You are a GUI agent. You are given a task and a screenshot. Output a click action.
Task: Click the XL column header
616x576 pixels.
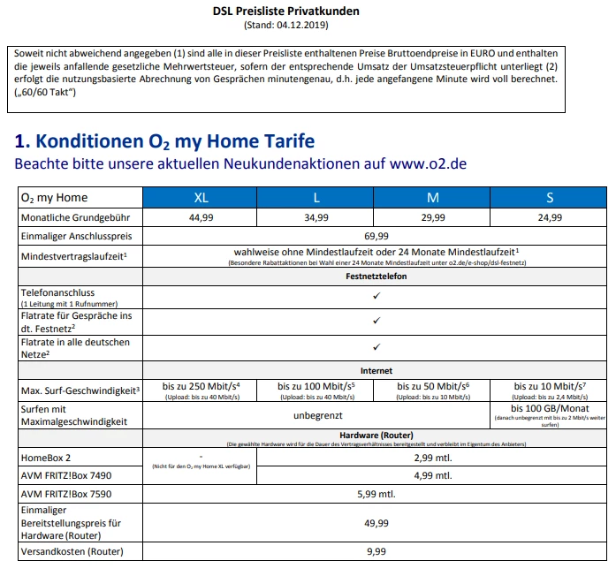[202, 197]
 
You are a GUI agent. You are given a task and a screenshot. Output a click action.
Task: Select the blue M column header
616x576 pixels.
[433, 197]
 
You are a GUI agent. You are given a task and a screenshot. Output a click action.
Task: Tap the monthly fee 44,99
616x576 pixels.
[202, 216]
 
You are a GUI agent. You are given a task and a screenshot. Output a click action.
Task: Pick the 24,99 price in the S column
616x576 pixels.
[550, 216]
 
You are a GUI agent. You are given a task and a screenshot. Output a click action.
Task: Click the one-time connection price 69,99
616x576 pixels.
[376, 236]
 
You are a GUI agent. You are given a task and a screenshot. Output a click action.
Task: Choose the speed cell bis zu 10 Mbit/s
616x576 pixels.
[549, 386]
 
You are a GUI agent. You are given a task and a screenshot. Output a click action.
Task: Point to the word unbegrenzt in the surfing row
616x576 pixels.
[317, 413]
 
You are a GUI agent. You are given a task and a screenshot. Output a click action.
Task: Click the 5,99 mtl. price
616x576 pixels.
[376, 493]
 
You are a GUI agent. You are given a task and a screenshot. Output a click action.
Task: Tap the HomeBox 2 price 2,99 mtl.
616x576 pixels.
[433, 458]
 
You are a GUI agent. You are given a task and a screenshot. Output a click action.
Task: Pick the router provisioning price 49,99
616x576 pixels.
[376, 522]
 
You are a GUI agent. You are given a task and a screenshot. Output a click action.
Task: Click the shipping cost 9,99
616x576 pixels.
[376, 551]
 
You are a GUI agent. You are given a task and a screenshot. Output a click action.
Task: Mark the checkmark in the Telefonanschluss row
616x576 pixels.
[376, 295]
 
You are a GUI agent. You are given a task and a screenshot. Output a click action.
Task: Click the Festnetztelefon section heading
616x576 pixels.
[376, 276]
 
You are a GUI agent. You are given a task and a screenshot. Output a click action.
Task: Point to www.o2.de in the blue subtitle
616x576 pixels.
[429, 163]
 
